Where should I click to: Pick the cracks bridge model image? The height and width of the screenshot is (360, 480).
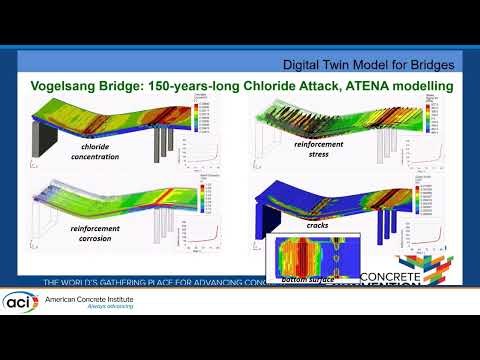click(x=340, y=200)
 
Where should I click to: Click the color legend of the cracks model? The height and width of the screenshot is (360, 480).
click(x=446, y=194)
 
